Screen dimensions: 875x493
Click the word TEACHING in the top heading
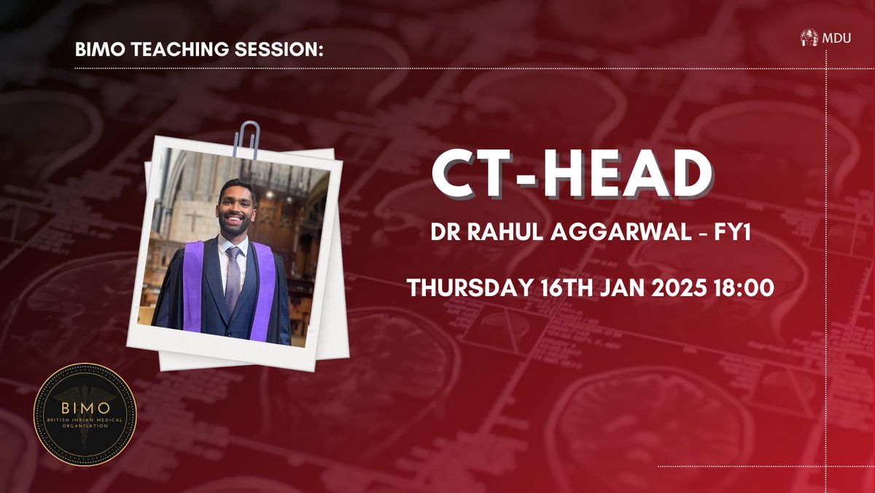tap(179, 49)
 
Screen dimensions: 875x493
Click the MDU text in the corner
tap(836, 38)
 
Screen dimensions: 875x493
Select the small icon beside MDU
tap(809, 38)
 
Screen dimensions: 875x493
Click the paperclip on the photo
tap(247, 140)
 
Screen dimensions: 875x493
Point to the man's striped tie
tap(233, 276)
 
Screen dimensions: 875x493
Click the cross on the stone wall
tap(193, 220)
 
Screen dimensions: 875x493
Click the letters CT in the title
tap(471, 174)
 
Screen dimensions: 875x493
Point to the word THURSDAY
tap(469, 288)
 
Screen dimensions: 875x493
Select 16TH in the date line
tap(567, 288)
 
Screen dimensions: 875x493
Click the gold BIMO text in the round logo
tap(85, 408)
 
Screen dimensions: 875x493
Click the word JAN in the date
tap(622, 288)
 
